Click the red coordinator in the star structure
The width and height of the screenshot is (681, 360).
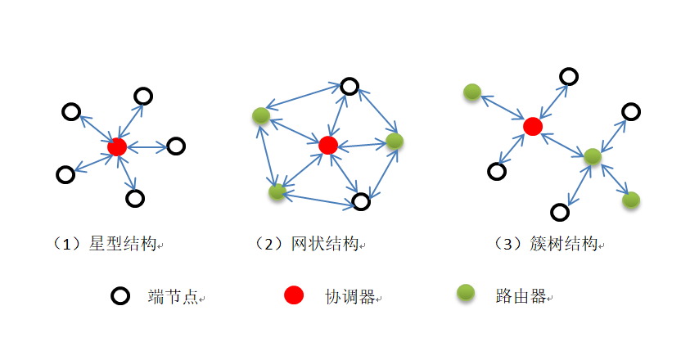click(x=117, y=147)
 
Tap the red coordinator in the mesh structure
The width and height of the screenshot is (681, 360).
click(x=328, y=145)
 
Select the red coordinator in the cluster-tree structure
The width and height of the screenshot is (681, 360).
click(x=533, y=126)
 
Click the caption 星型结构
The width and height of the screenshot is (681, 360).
click(x=111, y=244)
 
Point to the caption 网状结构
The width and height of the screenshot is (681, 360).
click(x=314, y=244)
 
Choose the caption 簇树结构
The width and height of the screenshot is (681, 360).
click(x=551, y=244)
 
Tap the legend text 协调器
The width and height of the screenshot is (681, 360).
click(x=350, y=296)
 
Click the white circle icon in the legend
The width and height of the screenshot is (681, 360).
click(x=120, y=296)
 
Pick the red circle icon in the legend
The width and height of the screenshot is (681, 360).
click(x=293, y=295)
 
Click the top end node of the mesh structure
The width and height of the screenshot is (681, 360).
click(x=350, y=86)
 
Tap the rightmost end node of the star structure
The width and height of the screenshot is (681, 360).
click(x=176, y=146)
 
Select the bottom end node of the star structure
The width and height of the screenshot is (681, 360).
click(x=136, y=198)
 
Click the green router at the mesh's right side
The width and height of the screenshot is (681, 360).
click(x=395, y=141)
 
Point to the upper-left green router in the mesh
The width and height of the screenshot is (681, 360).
click(x=260, y=116)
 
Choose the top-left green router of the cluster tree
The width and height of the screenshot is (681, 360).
click(x=471, y=92)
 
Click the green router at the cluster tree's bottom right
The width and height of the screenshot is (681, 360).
click(x=630, y=199)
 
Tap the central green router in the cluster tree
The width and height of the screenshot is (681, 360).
click(x=593, y=155)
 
